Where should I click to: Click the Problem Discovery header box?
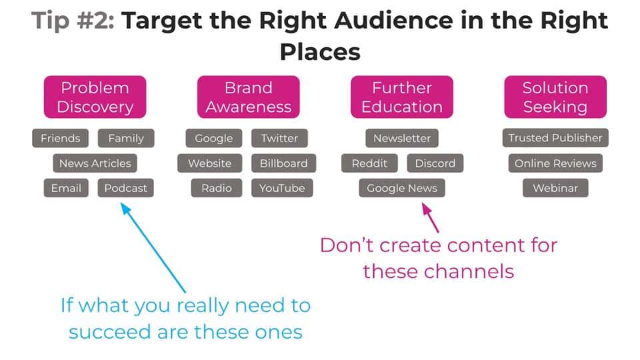(95, 97)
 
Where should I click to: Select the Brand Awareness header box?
(248, 97)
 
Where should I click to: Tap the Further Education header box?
(402, 97)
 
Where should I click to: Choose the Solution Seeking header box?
(555, 97)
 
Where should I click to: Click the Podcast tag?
(126, 188)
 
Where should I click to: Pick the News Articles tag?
(95, 163)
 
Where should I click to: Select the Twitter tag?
(279, 139)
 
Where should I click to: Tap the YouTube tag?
(282, 188)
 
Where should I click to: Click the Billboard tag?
(283, 163)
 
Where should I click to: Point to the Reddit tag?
(369, 163)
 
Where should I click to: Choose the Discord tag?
(435, 163)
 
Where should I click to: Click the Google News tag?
(402, 188)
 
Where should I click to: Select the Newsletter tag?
(402, 139)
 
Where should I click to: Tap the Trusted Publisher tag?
(555, 139)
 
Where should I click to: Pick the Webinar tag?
(555, 188)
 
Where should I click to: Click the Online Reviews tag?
(555, 163)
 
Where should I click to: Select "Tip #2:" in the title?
(73, 21)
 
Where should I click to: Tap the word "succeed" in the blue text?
(111, 331)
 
